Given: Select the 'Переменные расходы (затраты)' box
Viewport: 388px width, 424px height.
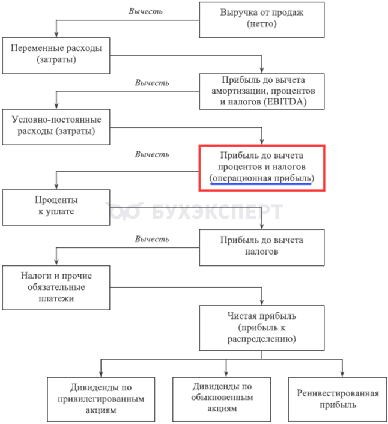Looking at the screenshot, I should pyautogui.click(x=57, y=53).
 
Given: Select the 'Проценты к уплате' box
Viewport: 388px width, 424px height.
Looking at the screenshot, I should pyautogui.click(x=57, y=206).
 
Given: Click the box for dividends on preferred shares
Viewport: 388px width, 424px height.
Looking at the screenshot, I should pyautogui.click(x=100, y=399).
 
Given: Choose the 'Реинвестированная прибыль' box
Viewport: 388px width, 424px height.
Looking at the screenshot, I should pyautogui.click(x=338, y=399).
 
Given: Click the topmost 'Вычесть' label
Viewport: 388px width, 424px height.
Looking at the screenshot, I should pyautogui.click(x=147, y=11).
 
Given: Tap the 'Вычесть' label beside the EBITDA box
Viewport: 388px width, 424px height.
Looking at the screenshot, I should pyautogui.click(x=152, y=82).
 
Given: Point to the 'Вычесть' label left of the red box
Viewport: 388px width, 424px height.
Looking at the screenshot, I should pyautogui.click(x=152, y=154).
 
